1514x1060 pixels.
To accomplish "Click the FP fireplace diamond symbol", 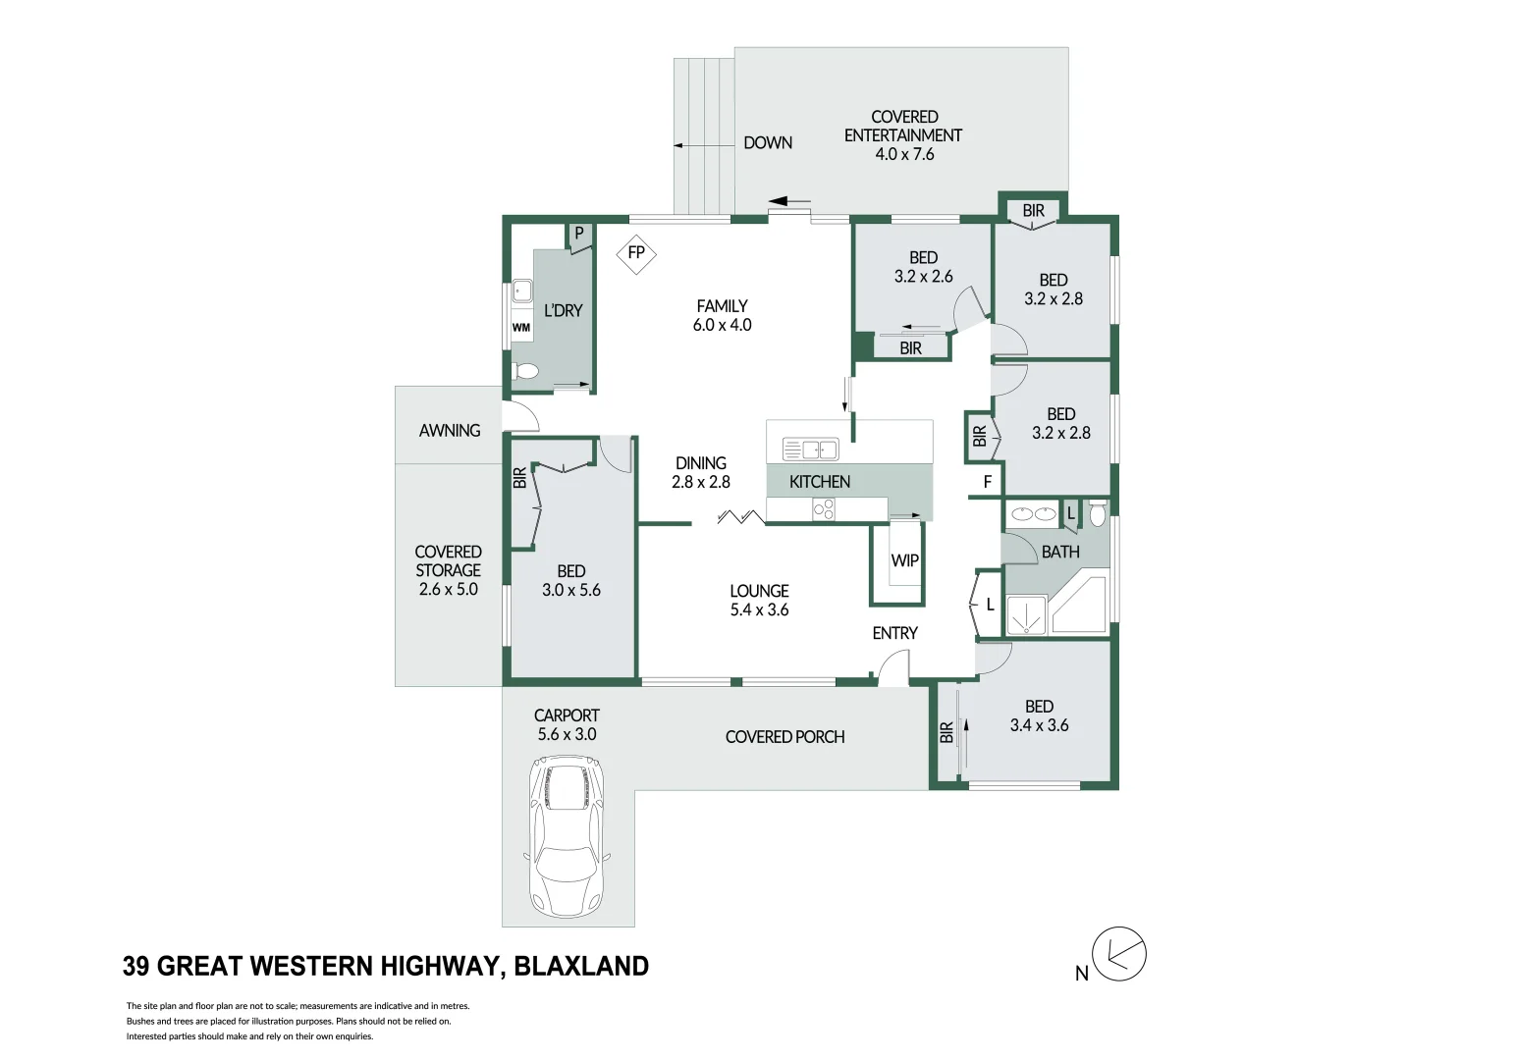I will coord(636,253).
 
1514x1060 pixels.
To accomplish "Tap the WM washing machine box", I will coord(521,327).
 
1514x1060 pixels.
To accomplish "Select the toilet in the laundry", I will coord(526,371).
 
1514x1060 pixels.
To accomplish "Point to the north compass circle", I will coord(1119,953).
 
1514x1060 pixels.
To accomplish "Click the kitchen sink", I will coord(810,450).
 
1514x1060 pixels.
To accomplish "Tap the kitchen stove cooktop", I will coord(823,508).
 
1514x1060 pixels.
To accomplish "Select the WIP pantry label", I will coord(904,560).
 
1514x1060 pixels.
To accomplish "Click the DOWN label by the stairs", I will coord(767,142).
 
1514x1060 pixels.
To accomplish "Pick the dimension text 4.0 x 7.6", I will coord(904,154).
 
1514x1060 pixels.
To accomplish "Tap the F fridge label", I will coord(988,482).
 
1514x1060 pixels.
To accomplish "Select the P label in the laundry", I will coord(579,234).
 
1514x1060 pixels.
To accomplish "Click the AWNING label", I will coord(450,430).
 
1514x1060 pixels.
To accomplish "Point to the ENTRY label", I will coord(894,633).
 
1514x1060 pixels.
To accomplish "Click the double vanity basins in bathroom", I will coord(1032,513).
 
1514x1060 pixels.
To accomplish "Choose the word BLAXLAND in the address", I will coord(581,967).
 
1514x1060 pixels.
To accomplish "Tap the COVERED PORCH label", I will coord(784,736).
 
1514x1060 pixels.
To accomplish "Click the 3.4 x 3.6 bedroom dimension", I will coord(1039,725).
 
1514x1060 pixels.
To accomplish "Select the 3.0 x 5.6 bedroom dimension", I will coord(570,590).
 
